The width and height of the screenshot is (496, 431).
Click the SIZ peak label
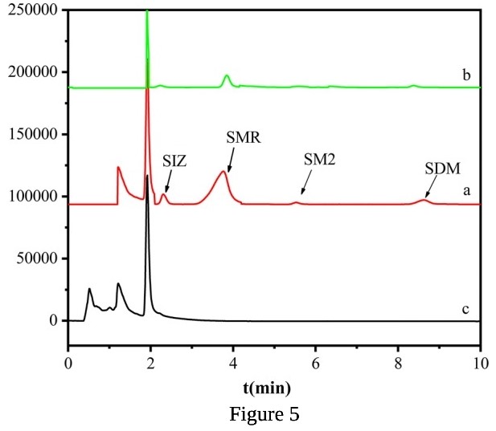coord(174,161)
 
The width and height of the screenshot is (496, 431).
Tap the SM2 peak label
coord(319,159)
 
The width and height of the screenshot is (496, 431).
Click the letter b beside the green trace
coord(466,75)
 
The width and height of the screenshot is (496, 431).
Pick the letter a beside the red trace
coord(465,193)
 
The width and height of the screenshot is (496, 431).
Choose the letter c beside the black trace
coord(465,309)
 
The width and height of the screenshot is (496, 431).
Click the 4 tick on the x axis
coord(233,360)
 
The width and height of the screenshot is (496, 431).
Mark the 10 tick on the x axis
coord(479,360)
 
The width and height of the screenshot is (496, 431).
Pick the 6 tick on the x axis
coord(315,360)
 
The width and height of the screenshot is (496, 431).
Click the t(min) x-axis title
coord(266,388)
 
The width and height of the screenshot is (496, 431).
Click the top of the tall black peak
coord(146,176)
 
